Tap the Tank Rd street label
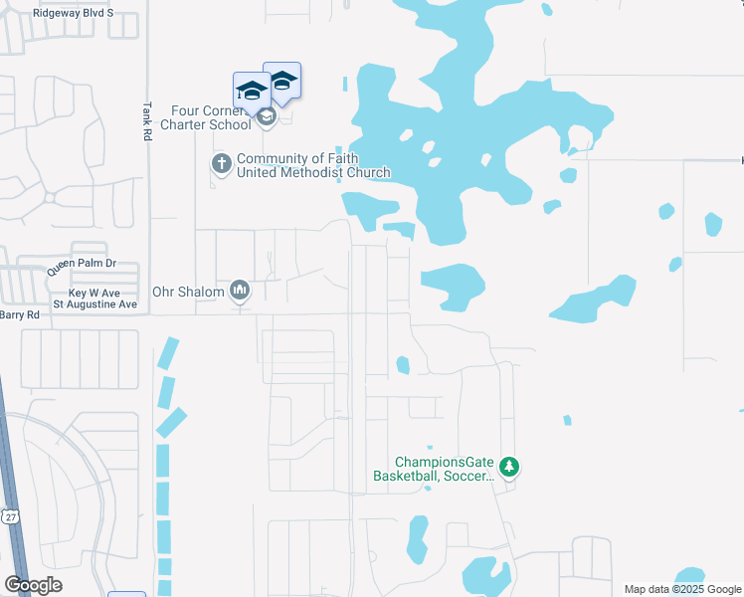pos(146,121)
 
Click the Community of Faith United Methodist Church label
pos(312,165)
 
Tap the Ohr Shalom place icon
pos(239,291)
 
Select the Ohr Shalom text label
pos(188,293)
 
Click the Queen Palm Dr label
pos(82,268)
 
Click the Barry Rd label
pos(19,314)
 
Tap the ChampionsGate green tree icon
pos(508,466)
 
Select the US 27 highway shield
pos(10,516)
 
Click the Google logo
pos(34,585)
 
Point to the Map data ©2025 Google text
pos(680,589)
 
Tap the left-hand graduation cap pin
pos(252,92)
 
